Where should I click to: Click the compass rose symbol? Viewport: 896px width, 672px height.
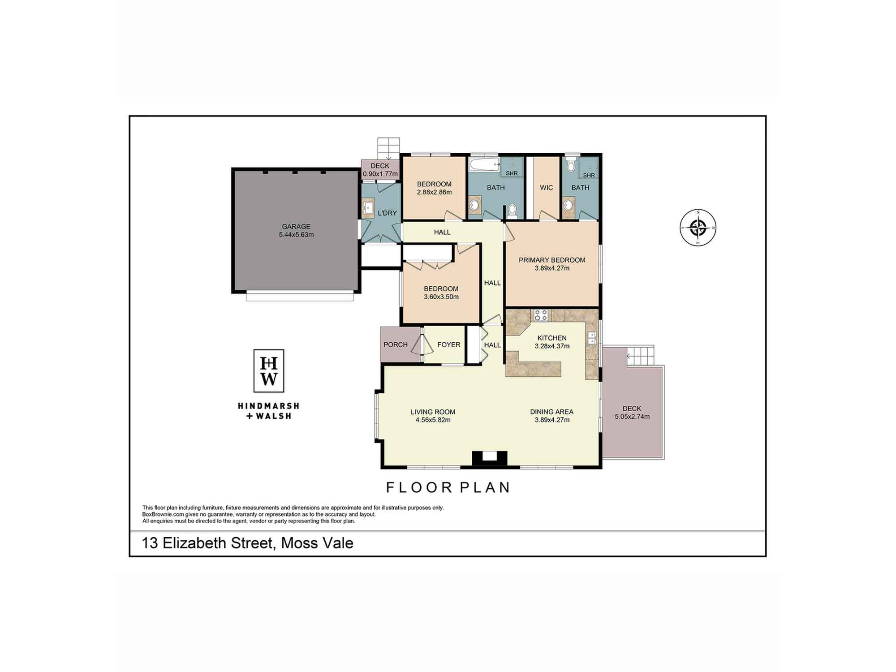(698, 228)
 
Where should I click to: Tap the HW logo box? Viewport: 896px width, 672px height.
(269, 371)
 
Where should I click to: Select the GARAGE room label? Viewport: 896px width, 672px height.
(296, 227)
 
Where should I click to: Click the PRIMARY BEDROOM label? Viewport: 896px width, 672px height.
(552, 260)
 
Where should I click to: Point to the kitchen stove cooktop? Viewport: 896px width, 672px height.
(541, 315)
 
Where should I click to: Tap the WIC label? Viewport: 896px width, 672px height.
(546, 188)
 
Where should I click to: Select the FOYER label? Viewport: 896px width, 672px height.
(448, 345)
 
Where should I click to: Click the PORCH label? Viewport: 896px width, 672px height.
(396, 345)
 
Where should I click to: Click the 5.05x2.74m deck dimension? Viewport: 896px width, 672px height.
(632, 417)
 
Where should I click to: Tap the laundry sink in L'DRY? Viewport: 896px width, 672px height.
(368, 208)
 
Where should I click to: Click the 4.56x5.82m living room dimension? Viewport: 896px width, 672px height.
(433, 420)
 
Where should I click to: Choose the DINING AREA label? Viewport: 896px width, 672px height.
(551, 412)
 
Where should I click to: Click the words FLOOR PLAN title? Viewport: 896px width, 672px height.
(448, 487)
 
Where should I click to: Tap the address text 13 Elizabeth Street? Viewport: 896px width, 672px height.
(207, 543)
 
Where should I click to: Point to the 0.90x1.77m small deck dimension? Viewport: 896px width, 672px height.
(380, 174)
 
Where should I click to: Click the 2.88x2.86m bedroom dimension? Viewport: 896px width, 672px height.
(434, 192)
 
